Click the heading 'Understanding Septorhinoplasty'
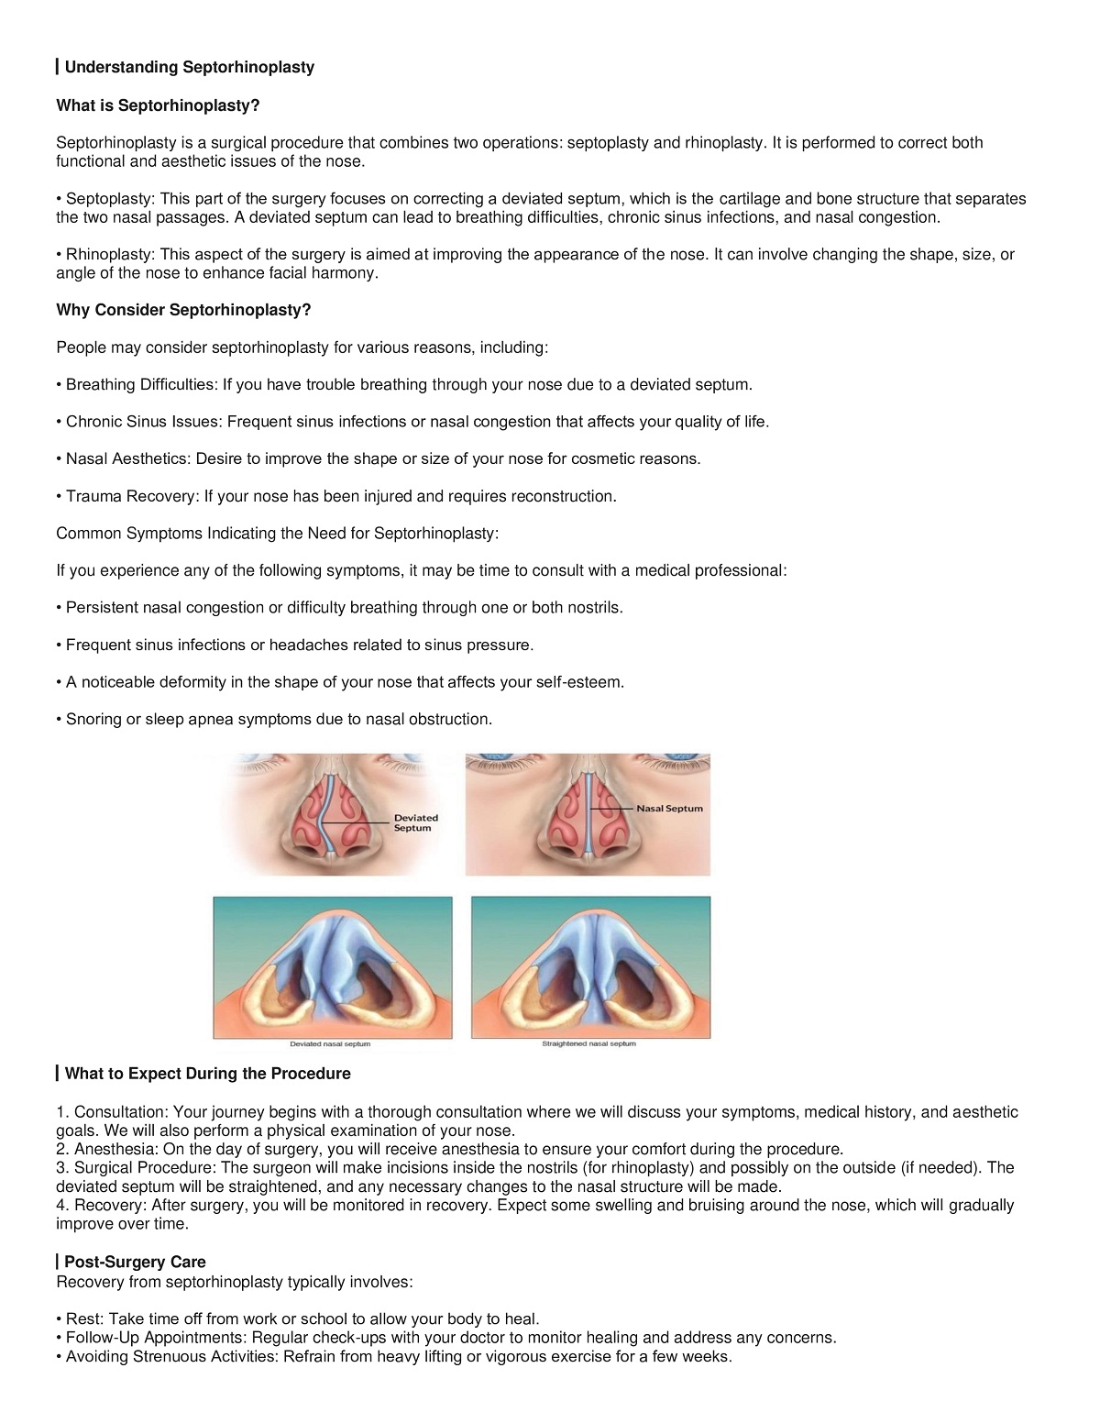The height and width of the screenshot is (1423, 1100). pos(189,67)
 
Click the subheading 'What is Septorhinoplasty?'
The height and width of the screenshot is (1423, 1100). pos(158,105)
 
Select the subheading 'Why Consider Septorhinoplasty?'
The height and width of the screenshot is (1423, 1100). pos(183,310)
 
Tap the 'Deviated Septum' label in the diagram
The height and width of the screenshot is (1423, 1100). pos(415,822)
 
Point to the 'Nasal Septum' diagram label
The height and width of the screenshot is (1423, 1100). pos(669,809)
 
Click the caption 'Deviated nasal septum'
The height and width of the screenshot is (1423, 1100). pos(330,1044)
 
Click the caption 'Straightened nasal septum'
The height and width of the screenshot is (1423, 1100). pos(588,1044)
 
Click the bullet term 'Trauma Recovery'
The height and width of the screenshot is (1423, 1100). pos(131,496)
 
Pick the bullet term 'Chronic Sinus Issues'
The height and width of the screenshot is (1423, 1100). pos(143,422)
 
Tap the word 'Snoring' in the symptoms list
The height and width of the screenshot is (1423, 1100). pos(93,719)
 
